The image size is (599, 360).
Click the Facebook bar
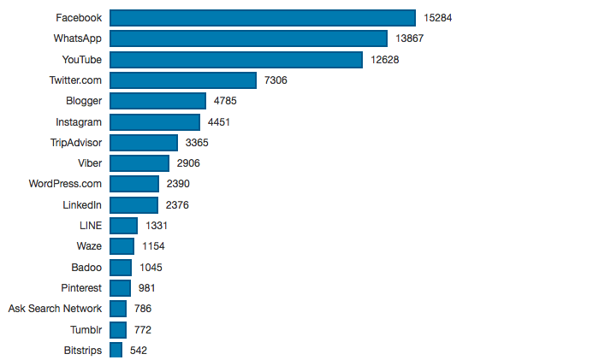tap(262, 18)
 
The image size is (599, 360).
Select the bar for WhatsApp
tap(248, 38)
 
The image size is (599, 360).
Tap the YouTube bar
tap(235, 59)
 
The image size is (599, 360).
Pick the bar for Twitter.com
tap(183, 80)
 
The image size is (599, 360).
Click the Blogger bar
tap(157, 101)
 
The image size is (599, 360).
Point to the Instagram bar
tap(155, 122)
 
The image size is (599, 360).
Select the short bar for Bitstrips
tap(116, 350)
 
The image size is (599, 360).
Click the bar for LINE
tap(123, 226)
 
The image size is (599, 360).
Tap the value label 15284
tap(437, 18)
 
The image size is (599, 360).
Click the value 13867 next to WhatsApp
tap(409, 38)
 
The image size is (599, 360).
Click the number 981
tap(146, 287)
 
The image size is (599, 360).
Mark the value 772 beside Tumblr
tap(143, 329)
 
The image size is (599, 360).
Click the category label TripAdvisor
tap(76, 143)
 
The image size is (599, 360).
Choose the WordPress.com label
tap(65, 184)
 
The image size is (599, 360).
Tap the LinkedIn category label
tap(82, 205)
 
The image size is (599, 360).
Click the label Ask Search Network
tap(55, 309)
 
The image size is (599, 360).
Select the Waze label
tap(89, 246)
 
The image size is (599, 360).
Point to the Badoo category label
tap(86, 267)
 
